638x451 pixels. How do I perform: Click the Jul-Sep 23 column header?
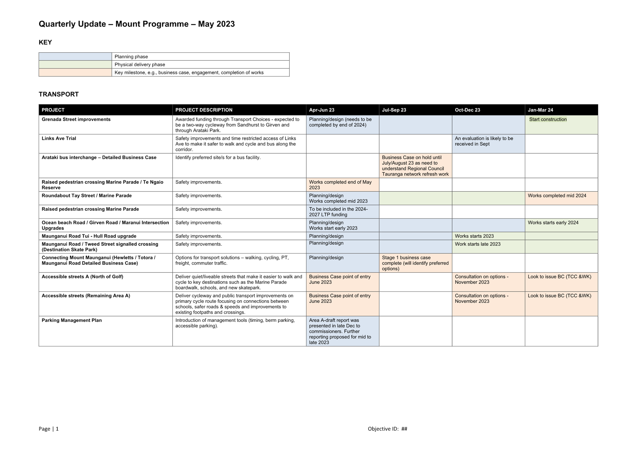click(x=394, y=110)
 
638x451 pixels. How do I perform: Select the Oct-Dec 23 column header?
click(x=467, y=110)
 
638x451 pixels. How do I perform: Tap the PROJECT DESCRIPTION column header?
click(x=204, y=110)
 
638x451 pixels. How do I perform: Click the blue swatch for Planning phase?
click(x=75, y=57)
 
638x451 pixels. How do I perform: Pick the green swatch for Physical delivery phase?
click(x=75, y=65)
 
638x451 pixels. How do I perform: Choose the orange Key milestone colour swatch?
click(x=75, y=72)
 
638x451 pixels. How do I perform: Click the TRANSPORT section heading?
click(x=59, y=94)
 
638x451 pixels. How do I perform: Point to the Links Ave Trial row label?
click(x=59, y=138)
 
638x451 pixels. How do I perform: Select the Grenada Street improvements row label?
click(x=76, y=119)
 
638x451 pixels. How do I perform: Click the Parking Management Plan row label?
click(x=71, y=320)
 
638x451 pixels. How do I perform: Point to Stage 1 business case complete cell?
click(x=415, y=263)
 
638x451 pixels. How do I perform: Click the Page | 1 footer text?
click(x=48, y=429)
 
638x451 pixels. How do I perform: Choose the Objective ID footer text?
click(x=387, y=429)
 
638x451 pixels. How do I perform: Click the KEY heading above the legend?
click(x=45, y=43)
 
